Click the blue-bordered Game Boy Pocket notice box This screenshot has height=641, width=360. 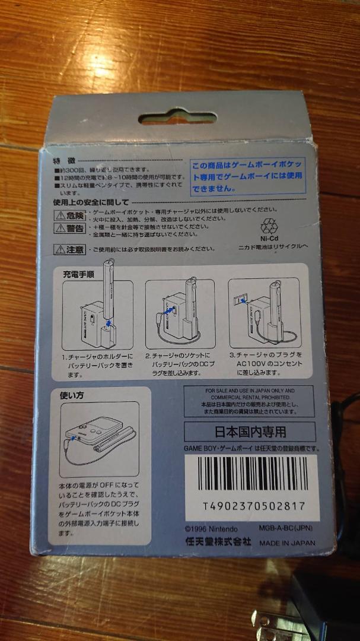pyautogui.click(x=247, y=176)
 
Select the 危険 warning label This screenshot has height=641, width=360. pyautogui.click(x=71, y=215)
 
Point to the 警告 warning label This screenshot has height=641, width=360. pyautogui.click(x=71, y=229)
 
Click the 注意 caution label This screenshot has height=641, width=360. pyautogui.click(x=71, y=249)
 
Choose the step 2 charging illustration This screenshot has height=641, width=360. pyautogui.click(x=180, y=315)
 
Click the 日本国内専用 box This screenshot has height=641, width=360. pyautogui.click(x=250, y=431)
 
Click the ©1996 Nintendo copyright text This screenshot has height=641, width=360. pyautogui.click(x=211, y=529)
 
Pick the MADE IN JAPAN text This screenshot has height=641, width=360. pyautogui.click(x=288, y=542)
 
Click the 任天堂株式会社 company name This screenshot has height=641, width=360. pyautogui.click(x=218, y=542)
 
